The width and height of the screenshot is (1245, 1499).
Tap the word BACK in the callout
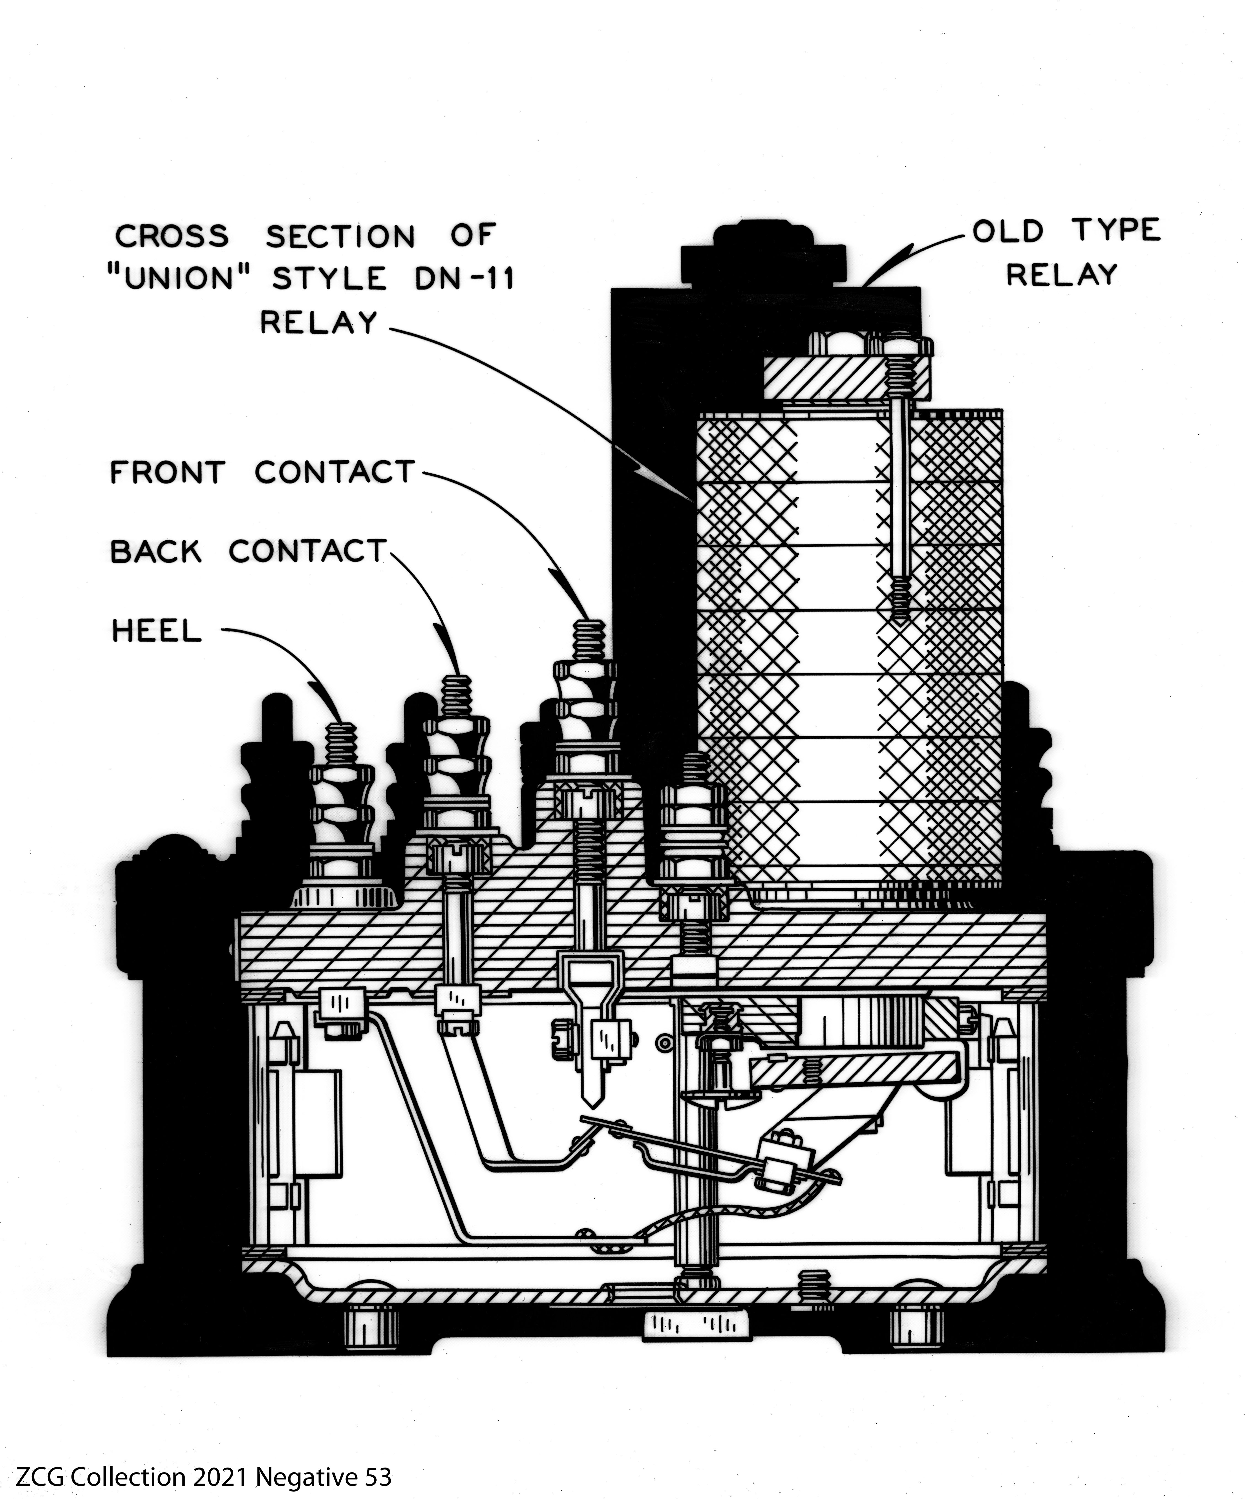(x=156, y=552)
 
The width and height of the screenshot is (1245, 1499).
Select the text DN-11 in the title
(x=464, y=278)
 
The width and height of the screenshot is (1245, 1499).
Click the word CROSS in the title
(x=172, y=236)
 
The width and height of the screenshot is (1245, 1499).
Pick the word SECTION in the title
(x=340, y=236)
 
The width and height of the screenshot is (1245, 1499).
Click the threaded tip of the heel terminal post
(x=341, y=742)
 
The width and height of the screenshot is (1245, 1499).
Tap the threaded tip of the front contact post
(x=589, y=639)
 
